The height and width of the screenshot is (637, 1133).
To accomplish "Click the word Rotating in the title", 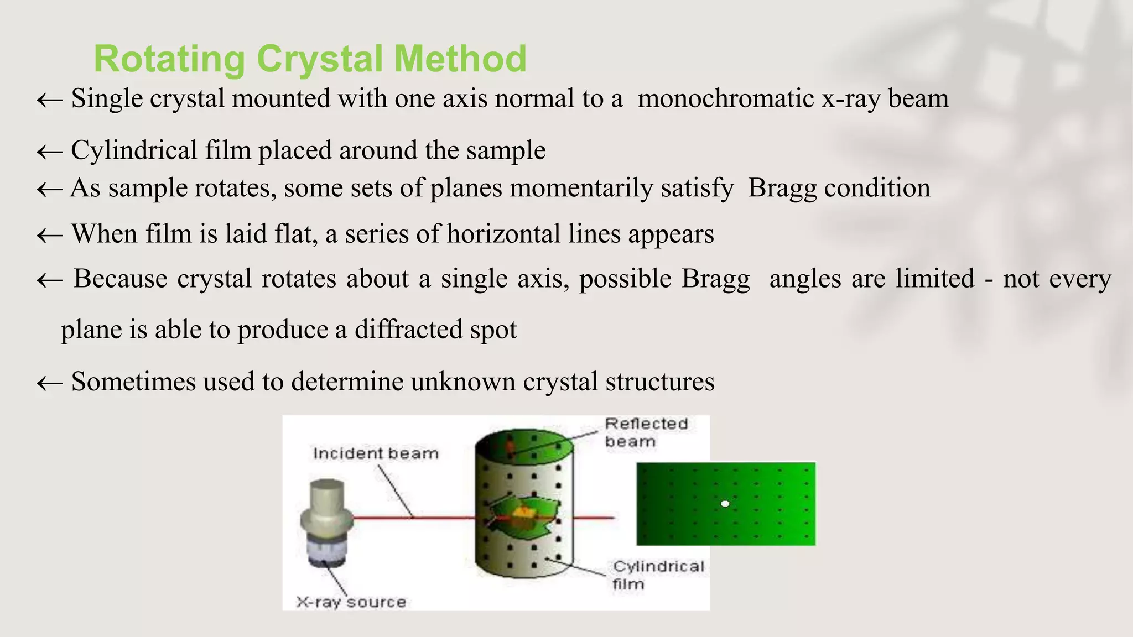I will [169, 59].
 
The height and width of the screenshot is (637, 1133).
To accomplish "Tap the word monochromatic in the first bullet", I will [725, 99].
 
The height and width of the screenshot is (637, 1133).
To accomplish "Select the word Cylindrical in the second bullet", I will [134, 150].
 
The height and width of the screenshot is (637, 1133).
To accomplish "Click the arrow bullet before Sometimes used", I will [49, 383].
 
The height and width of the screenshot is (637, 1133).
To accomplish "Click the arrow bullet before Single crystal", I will [49, 100].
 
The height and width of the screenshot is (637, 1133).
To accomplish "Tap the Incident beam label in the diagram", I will [376, 453].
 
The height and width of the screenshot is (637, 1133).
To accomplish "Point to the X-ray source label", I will [351, 602].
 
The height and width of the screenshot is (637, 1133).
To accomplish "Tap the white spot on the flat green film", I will [725, 504].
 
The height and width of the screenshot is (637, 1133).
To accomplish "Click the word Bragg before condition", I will [782, 188].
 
